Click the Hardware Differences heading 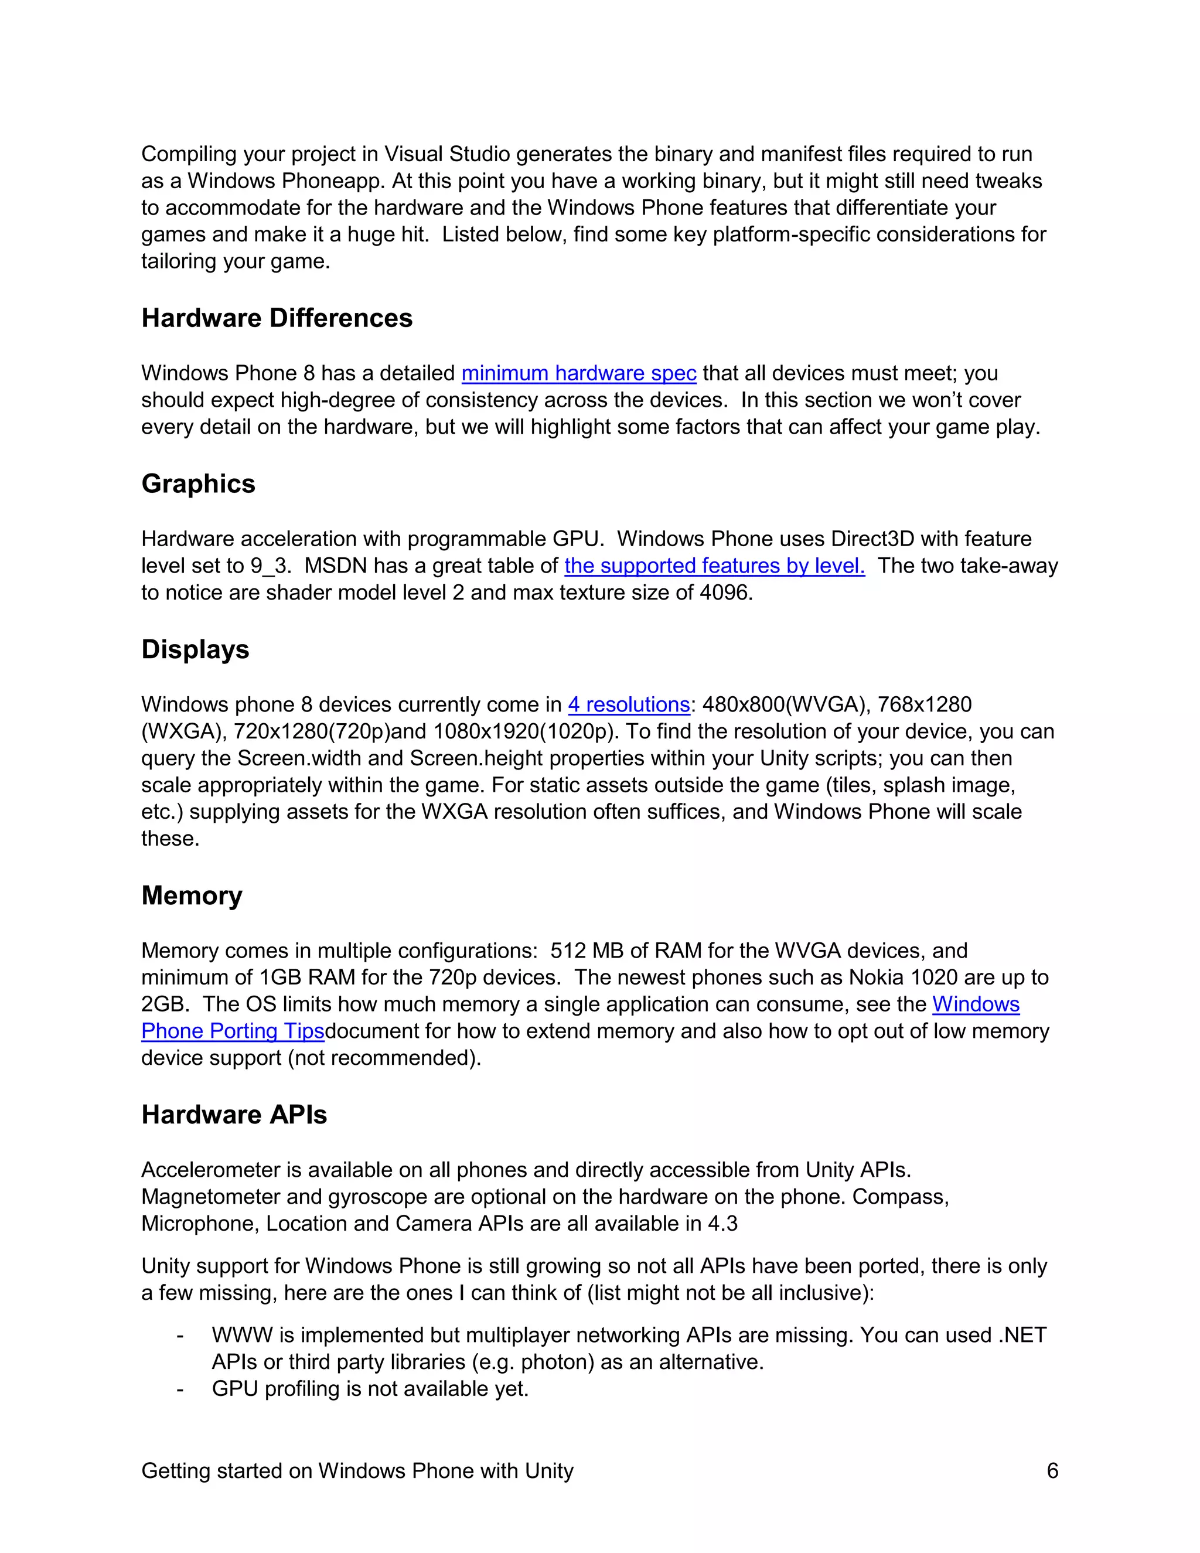tap(277, 318)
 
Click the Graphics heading tap(199, 483)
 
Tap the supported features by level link tap(714, 566)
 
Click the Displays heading tap(196, 649)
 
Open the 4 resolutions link tap(629, 704)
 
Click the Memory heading tap(192, 895)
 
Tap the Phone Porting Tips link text tap(233, 1030)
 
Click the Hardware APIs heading tap(234, 1114)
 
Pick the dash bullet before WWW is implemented tap(180, 1336)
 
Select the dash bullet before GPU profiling tap(180, 1389)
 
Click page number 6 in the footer tap(1052, 1470)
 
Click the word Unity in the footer tap(549, 1470)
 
